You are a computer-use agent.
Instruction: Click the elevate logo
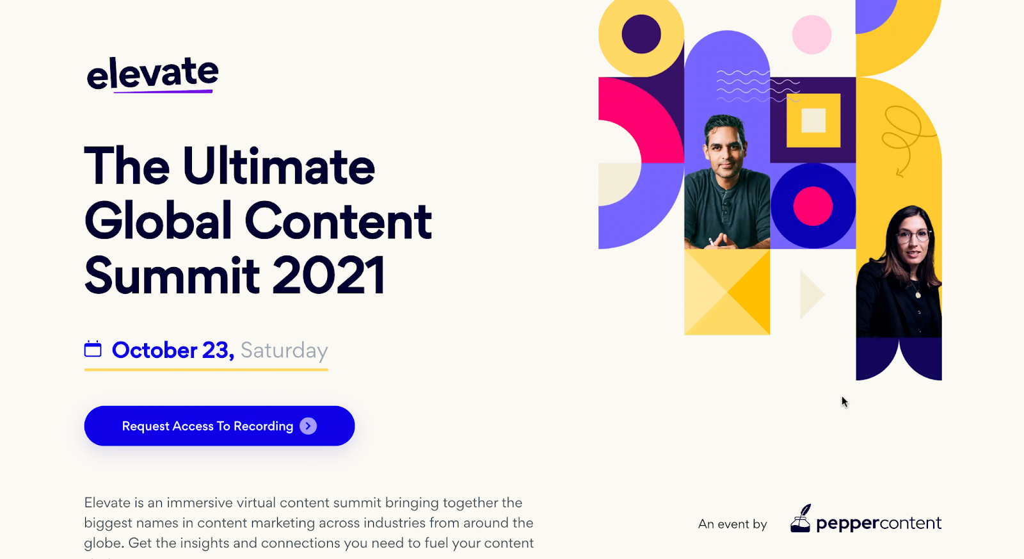[x=153, y=74]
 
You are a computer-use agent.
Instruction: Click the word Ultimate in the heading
[x=279, y=166]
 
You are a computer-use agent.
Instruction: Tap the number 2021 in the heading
[x=329, y=276]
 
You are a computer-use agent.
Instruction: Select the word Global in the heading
[x=158, y=220]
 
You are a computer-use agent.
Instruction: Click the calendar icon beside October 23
[x=93, y=349]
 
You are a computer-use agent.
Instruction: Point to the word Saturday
[x=284, y=350]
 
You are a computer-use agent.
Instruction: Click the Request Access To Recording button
[x=220, y=426]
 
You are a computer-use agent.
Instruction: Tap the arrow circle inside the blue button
[x=308, y=426]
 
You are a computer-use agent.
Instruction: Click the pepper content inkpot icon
[x=801, y=519]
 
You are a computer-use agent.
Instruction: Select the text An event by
[x=732, y=524]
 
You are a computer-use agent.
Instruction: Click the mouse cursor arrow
[x=845, y=402]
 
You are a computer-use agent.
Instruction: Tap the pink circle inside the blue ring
[x=813, y=206]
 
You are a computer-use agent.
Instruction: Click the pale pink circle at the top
[x=812, y=35]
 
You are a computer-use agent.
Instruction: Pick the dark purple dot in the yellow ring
[x=641, y=35]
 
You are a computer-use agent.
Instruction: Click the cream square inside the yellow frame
[x=813, y=120]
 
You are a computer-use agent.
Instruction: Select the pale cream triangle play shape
[x=812, y=295]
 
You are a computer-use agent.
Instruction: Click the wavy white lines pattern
[x=758, y=86]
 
